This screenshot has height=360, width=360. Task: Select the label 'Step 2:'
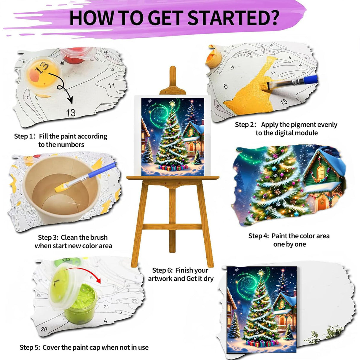[x=246, y=125]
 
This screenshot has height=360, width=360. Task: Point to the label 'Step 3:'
[x=48, y=238]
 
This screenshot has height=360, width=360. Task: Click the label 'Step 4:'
[x=259, y=236]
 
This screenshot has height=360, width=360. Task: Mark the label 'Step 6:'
[x=162, y=270]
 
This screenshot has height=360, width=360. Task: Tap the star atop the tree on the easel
[x=172, y=104]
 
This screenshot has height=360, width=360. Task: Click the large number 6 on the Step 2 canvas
[x=226, y=86]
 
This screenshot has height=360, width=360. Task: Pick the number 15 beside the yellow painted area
[x=283, y=102]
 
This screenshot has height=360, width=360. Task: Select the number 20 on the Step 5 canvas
[x=44, y=329]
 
